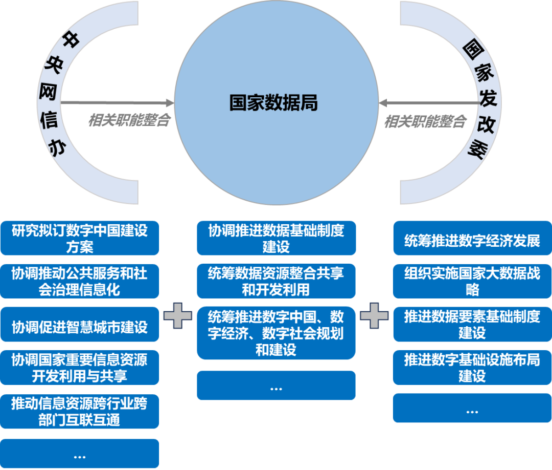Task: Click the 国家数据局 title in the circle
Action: pos(273,102)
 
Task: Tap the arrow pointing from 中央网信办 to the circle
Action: pos(118,103)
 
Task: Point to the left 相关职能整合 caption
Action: pos(129,121)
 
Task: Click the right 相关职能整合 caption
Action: pos(425,121)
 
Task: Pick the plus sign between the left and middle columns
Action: pos(178,316)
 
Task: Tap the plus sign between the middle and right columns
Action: pos(374,316)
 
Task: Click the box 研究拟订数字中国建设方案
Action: pos(80,238)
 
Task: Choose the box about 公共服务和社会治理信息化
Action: pos(80,281)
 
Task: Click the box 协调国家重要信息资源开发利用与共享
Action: pos(80,368)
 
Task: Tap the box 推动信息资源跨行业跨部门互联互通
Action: pos(80,412)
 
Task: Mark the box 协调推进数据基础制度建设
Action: pos(276,238)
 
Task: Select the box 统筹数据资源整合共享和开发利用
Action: pos(276,281)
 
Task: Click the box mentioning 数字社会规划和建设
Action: pos(276,333)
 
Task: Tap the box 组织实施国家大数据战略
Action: pos(472,281)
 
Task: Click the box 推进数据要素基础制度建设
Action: pos(472,325)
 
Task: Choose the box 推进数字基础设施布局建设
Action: pos(472,368)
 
